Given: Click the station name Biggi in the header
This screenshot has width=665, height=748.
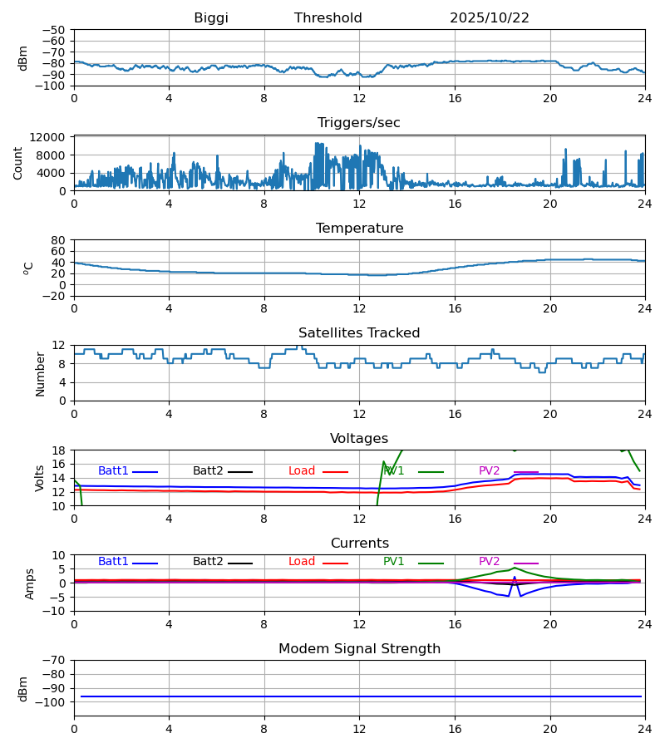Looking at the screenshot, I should pos(211,18).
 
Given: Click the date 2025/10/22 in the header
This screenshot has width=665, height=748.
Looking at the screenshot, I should pos(490,18).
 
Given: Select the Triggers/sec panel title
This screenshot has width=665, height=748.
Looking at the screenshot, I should pos(359,123).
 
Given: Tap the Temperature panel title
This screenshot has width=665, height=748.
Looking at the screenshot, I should pos(359,229).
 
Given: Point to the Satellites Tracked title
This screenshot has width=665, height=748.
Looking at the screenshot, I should pos(359,333).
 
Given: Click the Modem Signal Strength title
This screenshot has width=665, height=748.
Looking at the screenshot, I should pos(359,649).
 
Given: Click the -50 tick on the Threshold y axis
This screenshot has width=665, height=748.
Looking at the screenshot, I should pos(55,30).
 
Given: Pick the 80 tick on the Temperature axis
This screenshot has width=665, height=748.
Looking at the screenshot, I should pos(59,240).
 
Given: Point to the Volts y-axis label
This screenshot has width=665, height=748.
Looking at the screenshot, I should pos(40,478).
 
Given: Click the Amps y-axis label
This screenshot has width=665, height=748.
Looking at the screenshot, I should pos(31,583).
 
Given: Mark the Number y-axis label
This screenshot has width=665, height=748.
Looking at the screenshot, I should pos(40,373).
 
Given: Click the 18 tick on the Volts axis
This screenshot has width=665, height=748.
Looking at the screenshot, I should pos(59,450).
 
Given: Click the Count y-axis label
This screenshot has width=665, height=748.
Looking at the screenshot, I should pos(18,163).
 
